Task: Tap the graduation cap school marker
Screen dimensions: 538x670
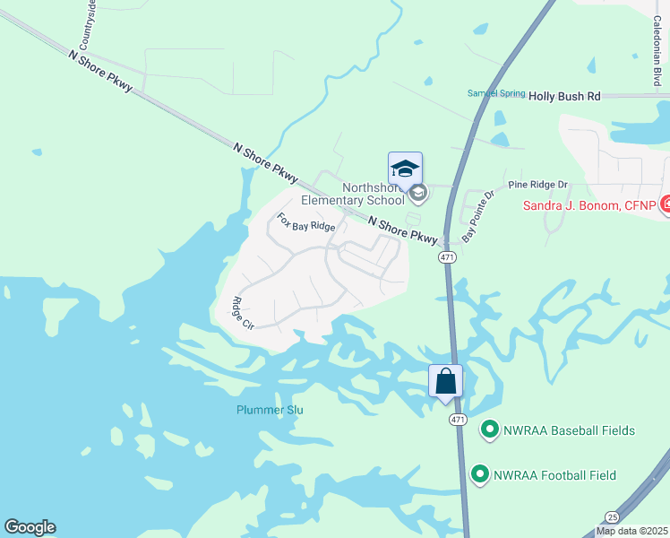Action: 405,169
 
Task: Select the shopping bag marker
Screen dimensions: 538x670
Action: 446,382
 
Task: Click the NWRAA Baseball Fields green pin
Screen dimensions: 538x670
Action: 490,430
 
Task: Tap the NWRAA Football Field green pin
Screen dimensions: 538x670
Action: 480,474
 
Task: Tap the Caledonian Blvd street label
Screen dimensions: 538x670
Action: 657,54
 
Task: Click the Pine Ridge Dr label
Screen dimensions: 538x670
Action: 538,185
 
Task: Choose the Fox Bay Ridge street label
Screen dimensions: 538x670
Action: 305,222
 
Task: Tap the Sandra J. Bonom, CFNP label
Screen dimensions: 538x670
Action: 589,205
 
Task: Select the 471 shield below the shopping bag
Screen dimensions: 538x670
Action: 458,419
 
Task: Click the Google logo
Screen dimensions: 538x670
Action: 30,527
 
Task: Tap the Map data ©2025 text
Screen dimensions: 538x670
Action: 631,531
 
